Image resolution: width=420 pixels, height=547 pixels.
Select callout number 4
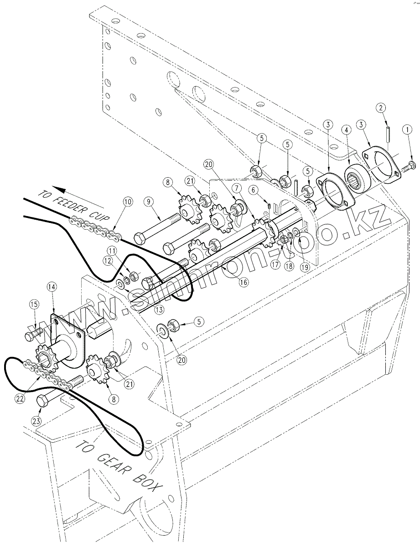[347, 130]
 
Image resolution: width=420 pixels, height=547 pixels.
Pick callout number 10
[127, 200]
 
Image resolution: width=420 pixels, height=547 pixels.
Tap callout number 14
[52, 287]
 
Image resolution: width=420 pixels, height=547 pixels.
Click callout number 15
[34, 304]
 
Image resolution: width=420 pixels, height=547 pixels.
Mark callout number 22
[20, 397]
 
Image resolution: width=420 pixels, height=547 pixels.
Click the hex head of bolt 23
[43, 401]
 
